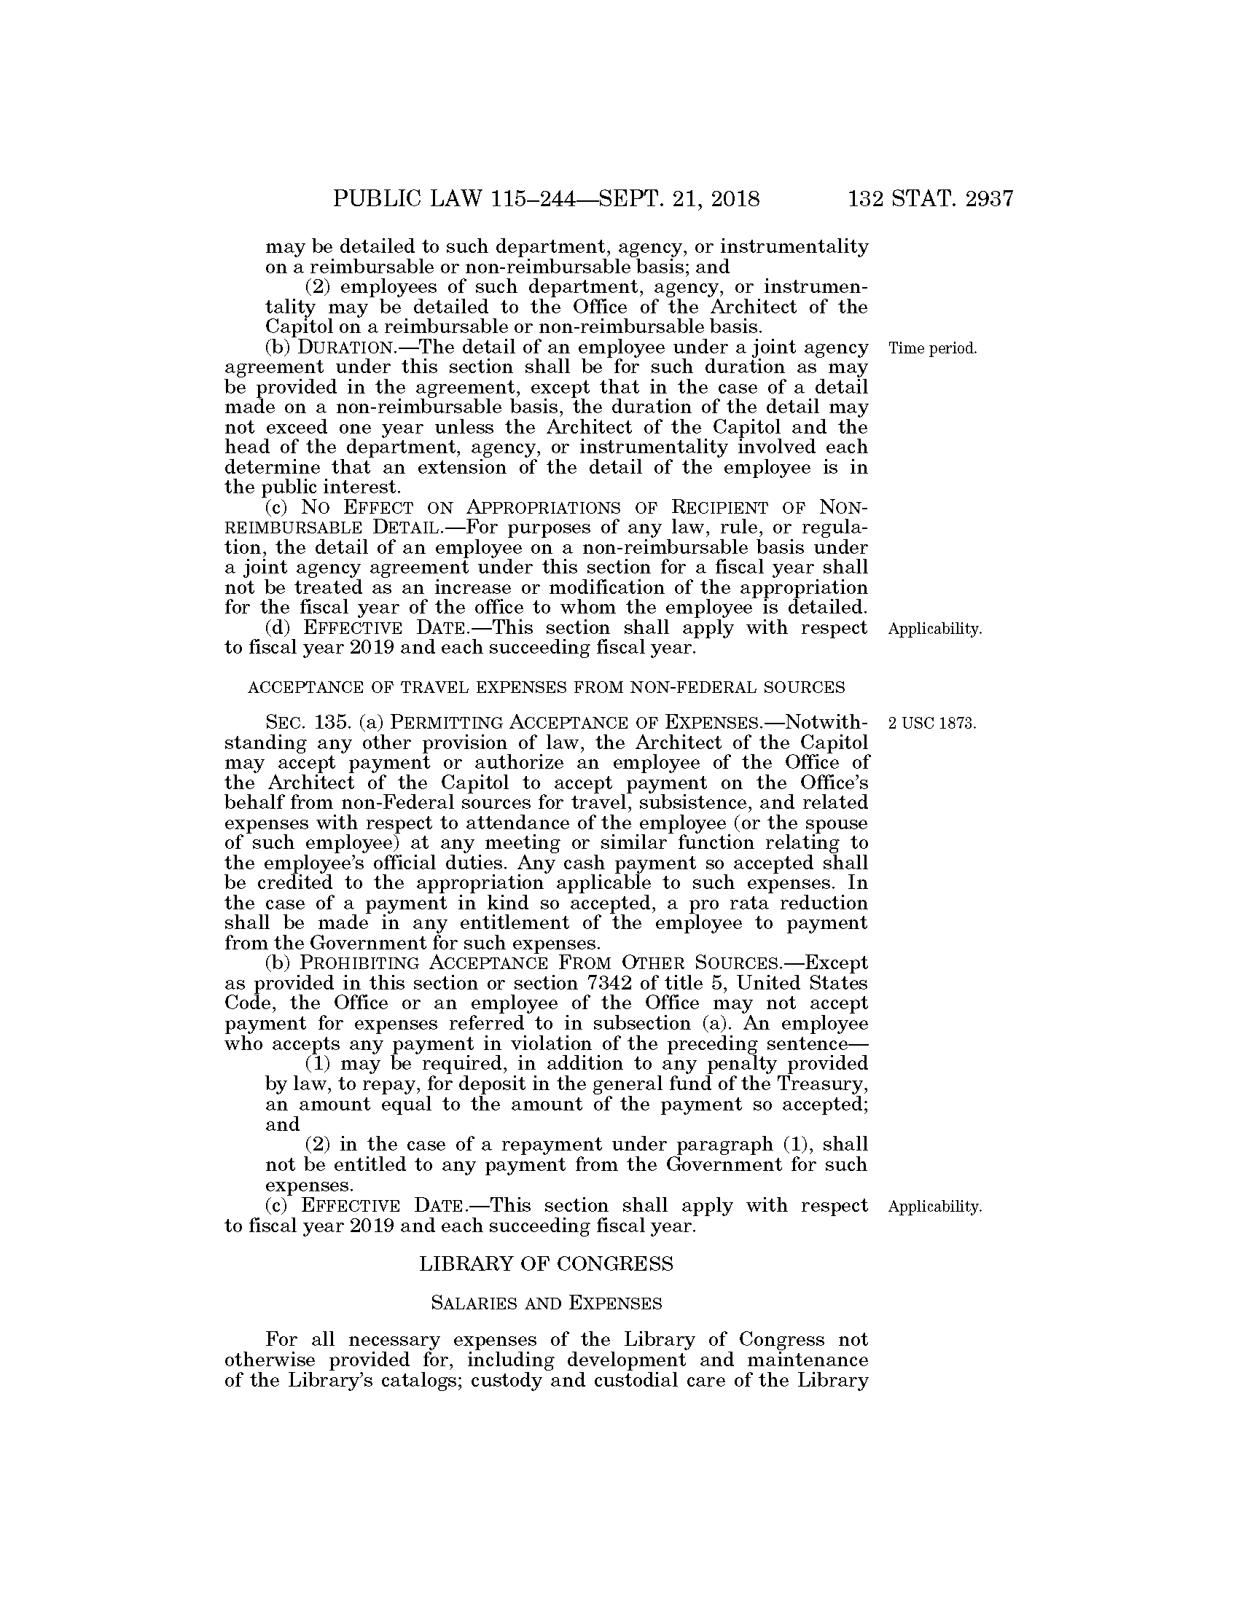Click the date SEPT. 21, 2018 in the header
coord(680,199)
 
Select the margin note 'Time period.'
coord(932,348)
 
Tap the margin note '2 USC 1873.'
coord(931,724)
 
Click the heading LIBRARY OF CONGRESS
coord(546,1264)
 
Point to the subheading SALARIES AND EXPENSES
coord(546,1304)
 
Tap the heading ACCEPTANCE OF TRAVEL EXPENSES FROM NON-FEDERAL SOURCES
coord(546,688)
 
